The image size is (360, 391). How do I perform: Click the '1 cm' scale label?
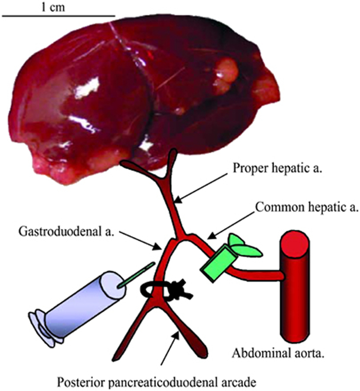[x=53, y=7]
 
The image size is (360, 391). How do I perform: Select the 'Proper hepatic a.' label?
[x=261, y=169]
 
